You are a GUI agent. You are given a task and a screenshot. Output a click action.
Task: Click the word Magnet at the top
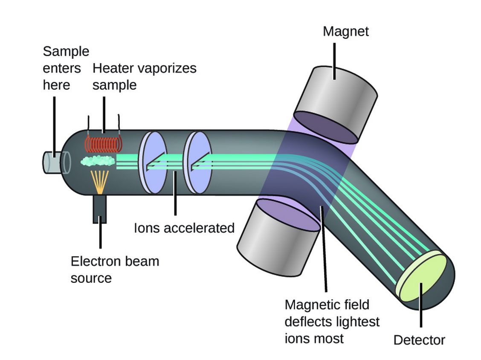(x=345, y=32)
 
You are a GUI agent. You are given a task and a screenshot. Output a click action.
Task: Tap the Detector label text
(x=419, y=340)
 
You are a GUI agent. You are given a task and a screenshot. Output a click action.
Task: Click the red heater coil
(x=104, y=144)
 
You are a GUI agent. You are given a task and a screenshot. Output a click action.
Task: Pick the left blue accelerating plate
(x=152, y=163)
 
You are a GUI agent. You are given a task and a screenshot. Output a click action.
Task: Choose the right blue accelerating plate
(x=196, y=163)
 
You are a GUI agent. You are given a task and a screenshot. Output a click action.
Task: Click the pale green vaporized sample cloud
(x=98, y=161)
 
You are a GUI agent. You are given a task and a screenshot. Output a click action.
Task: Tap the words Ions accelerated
(x=184, y=228)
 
